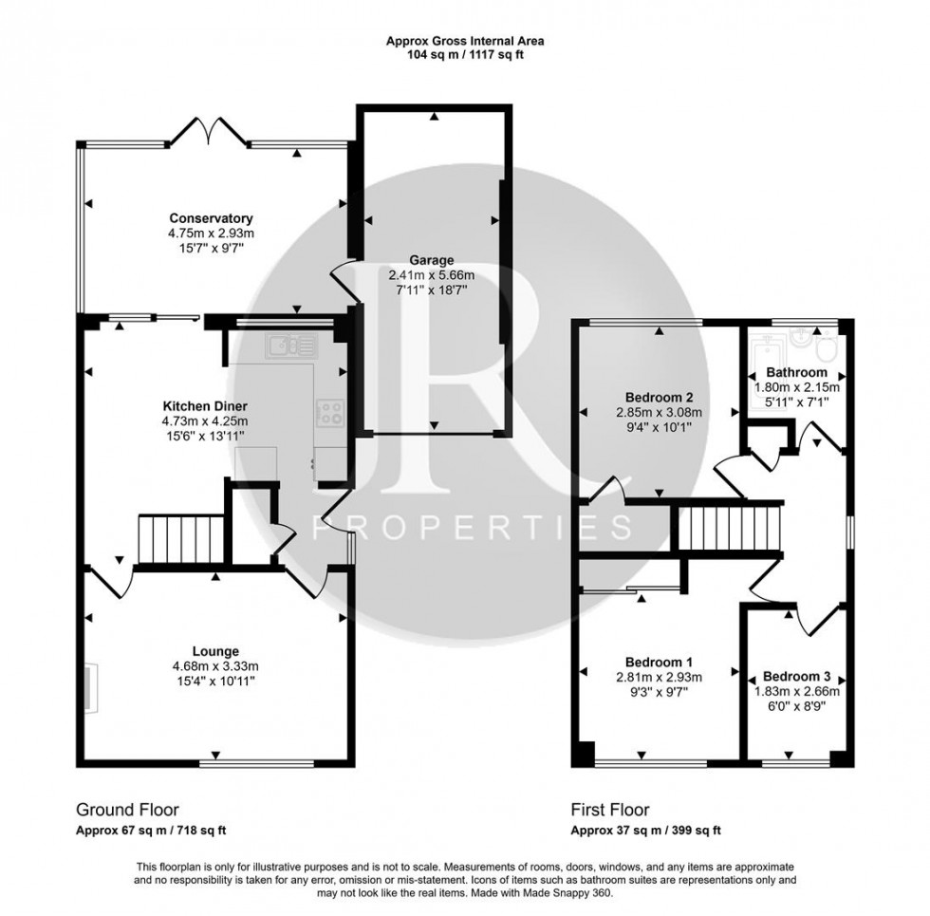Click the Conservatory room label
[x=212, y=216]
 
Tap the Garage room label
[x=432, y=260]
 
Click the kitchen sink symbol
[x=284, y=346]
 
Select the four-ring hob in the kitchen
[x=329, y=411]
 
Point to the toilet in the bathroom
[x=825, y=351]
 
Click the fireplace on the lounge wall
[x=90, y=686]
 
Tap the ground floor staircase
[x=180, y=538]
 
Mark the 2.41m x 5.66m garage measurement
[x=432, y=275]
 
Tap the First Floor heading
[x=609, y=810]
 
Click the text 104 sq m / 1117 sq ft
[x=464, y=55]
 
